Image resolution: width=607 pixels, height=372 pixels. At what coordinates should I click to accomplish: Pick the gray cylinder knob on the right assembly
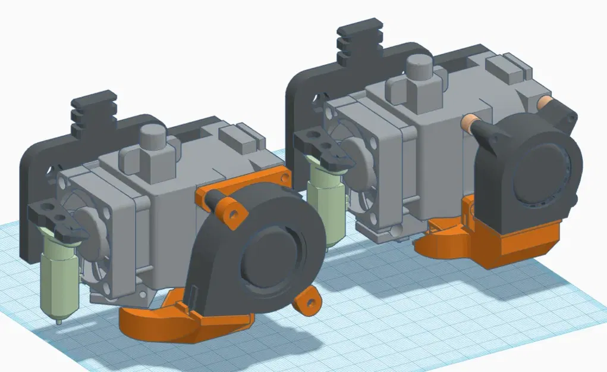[420, 68]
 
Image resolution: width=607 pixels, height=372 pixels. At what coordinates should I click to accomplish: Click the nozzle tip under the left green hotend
[58, 321]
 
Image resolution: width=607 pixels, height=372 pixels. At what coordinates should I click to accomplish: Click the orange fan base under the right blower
[523, 241]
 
